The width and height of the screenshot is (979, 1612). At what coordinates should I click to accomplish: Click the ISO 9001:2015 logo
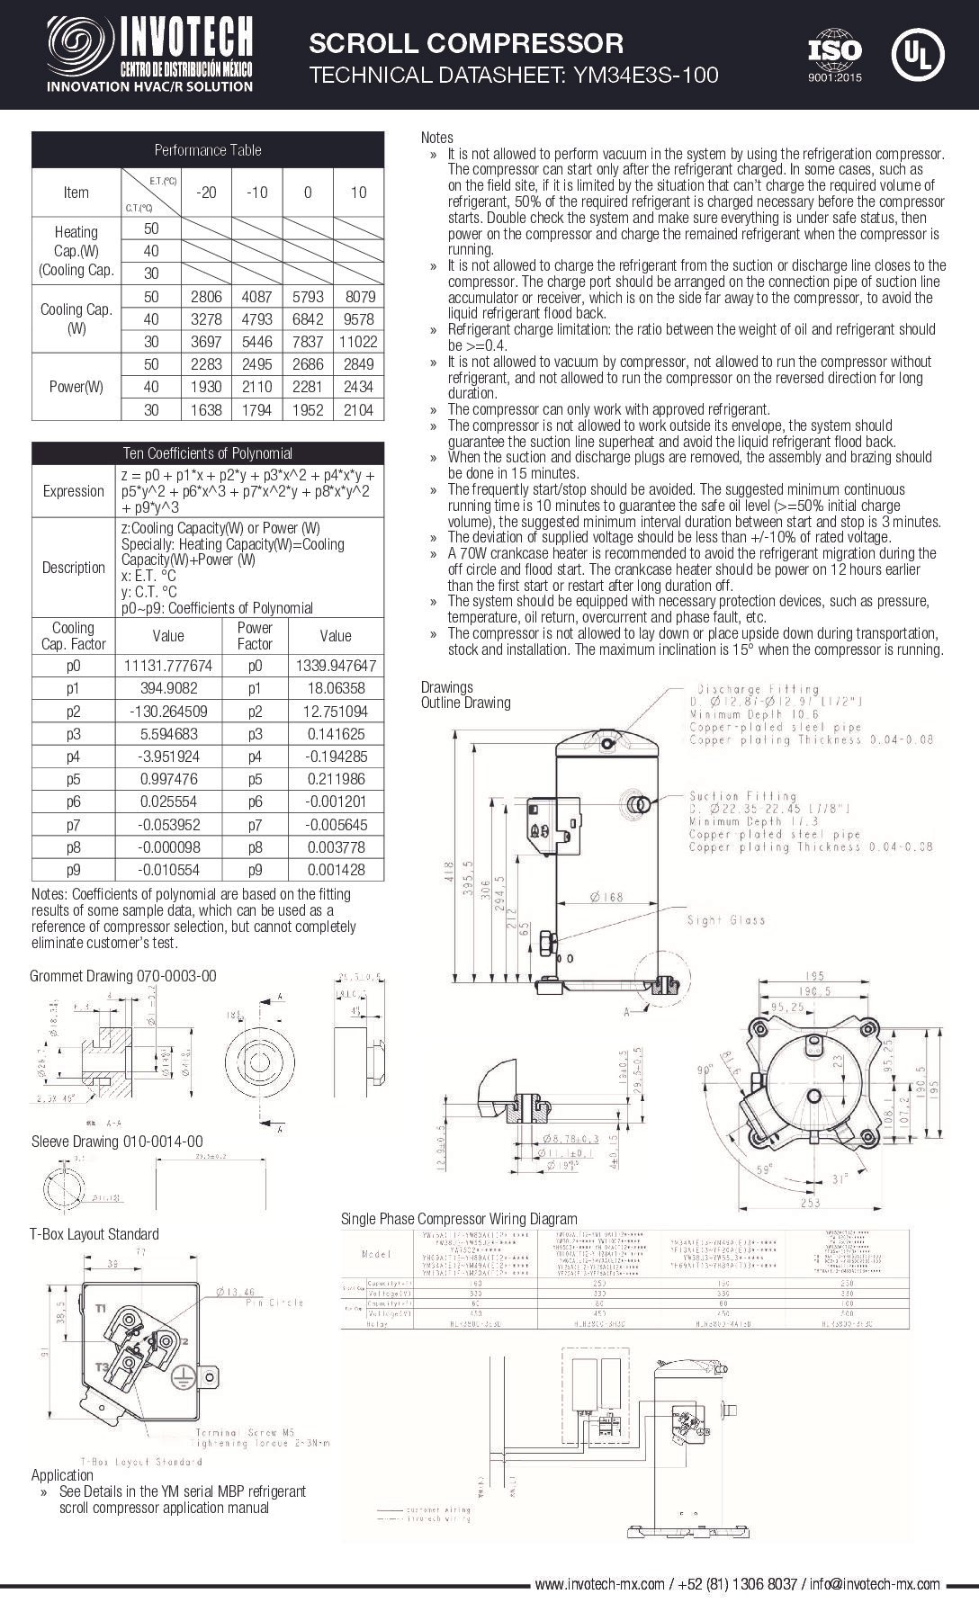point(834,55)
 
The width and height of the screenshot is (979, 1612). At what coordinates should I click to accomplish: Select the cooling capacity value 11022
point(358,342)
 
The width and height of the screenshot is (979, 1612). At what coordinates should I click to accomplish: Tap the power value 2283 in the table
point(206,364)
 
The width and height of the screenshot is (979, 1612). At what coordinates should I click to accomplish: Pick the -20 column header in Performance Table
point(206,193)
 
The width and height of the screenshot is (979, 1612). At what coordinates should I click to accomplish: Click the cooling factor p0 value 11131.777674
point(168,666)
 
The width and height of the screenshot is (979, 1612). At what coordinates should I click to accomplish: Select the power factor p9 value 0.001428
point(336,870)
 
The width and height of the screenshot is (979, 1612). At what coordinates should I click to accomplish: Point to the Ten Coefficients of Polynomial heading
point(207,452)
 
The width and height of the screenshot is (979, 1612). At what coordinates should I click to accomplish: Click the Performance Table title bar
point(207,150)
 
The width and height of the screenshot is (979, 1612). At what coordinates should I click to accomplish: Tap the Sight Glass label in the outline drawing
point(725,919)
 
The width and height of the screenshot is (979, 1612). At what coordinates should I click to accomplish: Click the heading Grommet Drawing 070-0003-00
point(123,976)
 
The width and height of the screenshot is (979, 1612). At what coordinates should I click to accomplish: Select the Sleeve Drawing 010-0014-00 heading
point(117,1142)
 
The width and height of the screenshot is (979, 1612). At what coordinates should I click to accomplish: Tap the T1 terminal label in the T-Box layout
point(102,1307)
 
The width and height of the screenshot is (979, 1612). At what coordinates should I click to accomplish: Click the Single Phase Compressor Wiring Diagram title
point(459,1219)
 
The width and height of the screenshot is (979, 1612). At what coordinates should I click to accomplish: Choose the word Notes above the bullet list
point(437,138)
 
